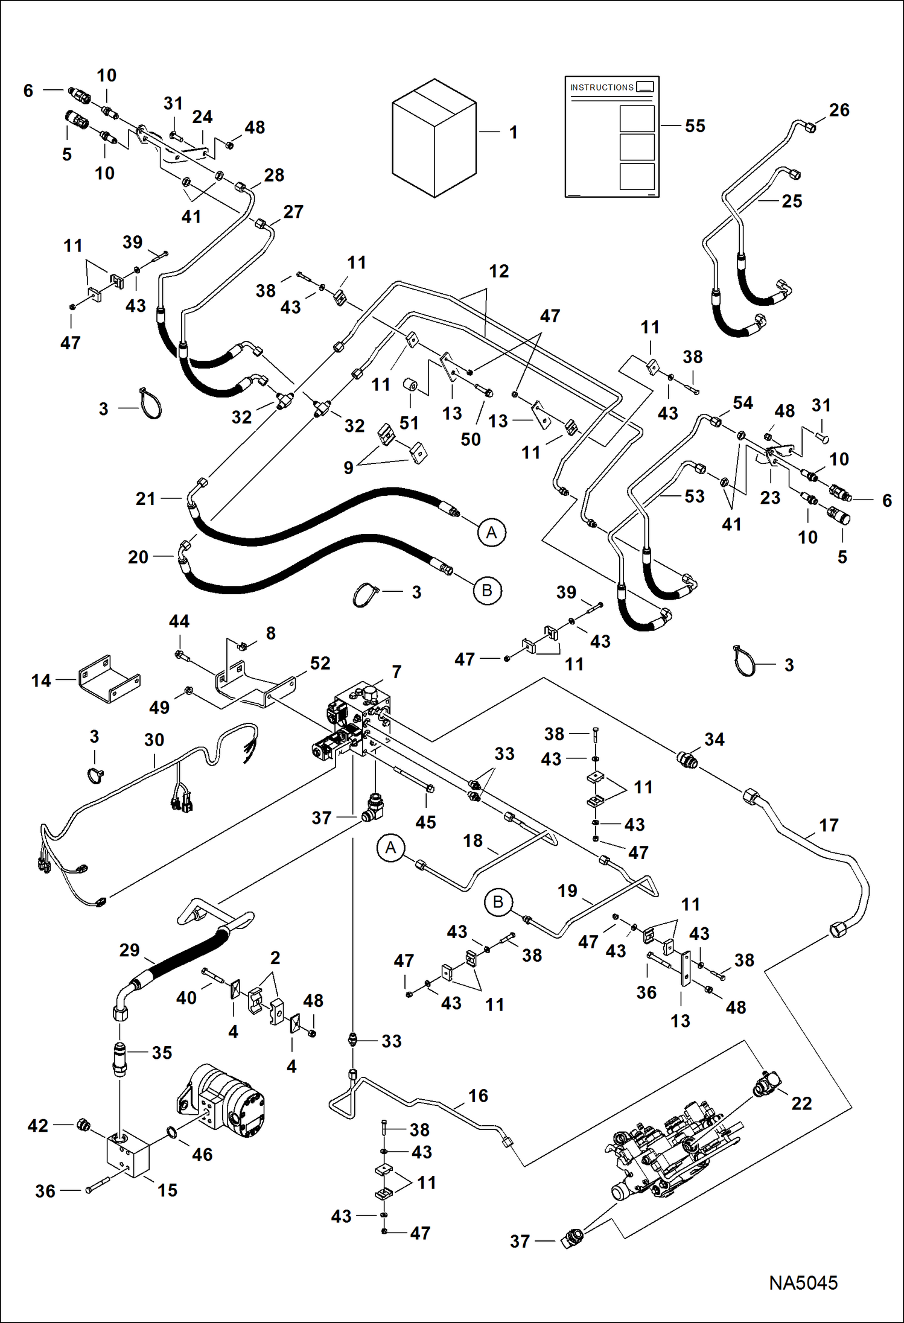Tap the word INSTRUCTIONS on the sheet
602,87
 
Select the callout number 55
695,126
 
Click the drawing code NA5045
803,1283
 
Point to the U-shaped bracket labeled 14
109,680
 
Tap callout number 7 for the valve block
396,671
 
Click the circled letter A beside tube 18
390,848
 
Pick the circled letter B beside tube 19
498,902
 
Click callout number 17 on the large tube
829,825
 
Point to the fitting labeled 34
688,760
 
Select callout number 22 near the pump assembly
801,1103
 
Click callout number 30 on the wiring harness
154,740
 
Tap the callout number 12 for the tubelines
498,271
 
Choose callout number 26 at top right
839,110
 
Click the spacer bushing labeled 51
411,384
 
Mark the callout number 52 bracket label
320,664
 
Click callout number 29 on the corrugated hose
129,950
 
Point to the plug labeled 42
84,1125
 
